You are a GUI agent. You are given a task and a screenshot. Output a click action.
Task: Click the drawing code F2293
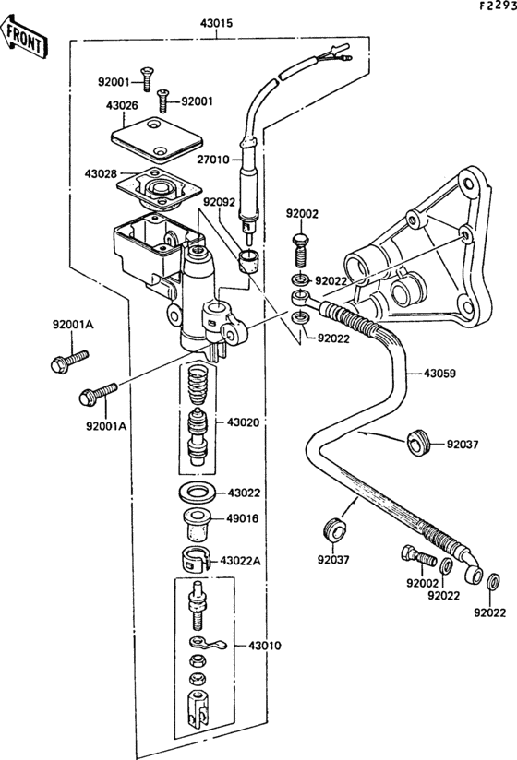[x=497, y=6]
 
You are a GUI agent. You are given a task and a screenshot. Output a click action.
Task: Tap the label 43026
[x=122, y=106]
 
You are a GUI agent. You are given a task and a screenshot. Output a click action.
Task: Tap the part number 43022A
[x=238, y=560]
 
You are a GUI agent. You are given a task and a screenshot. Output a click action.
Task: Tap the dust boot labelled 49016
[x=196, y=521]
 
